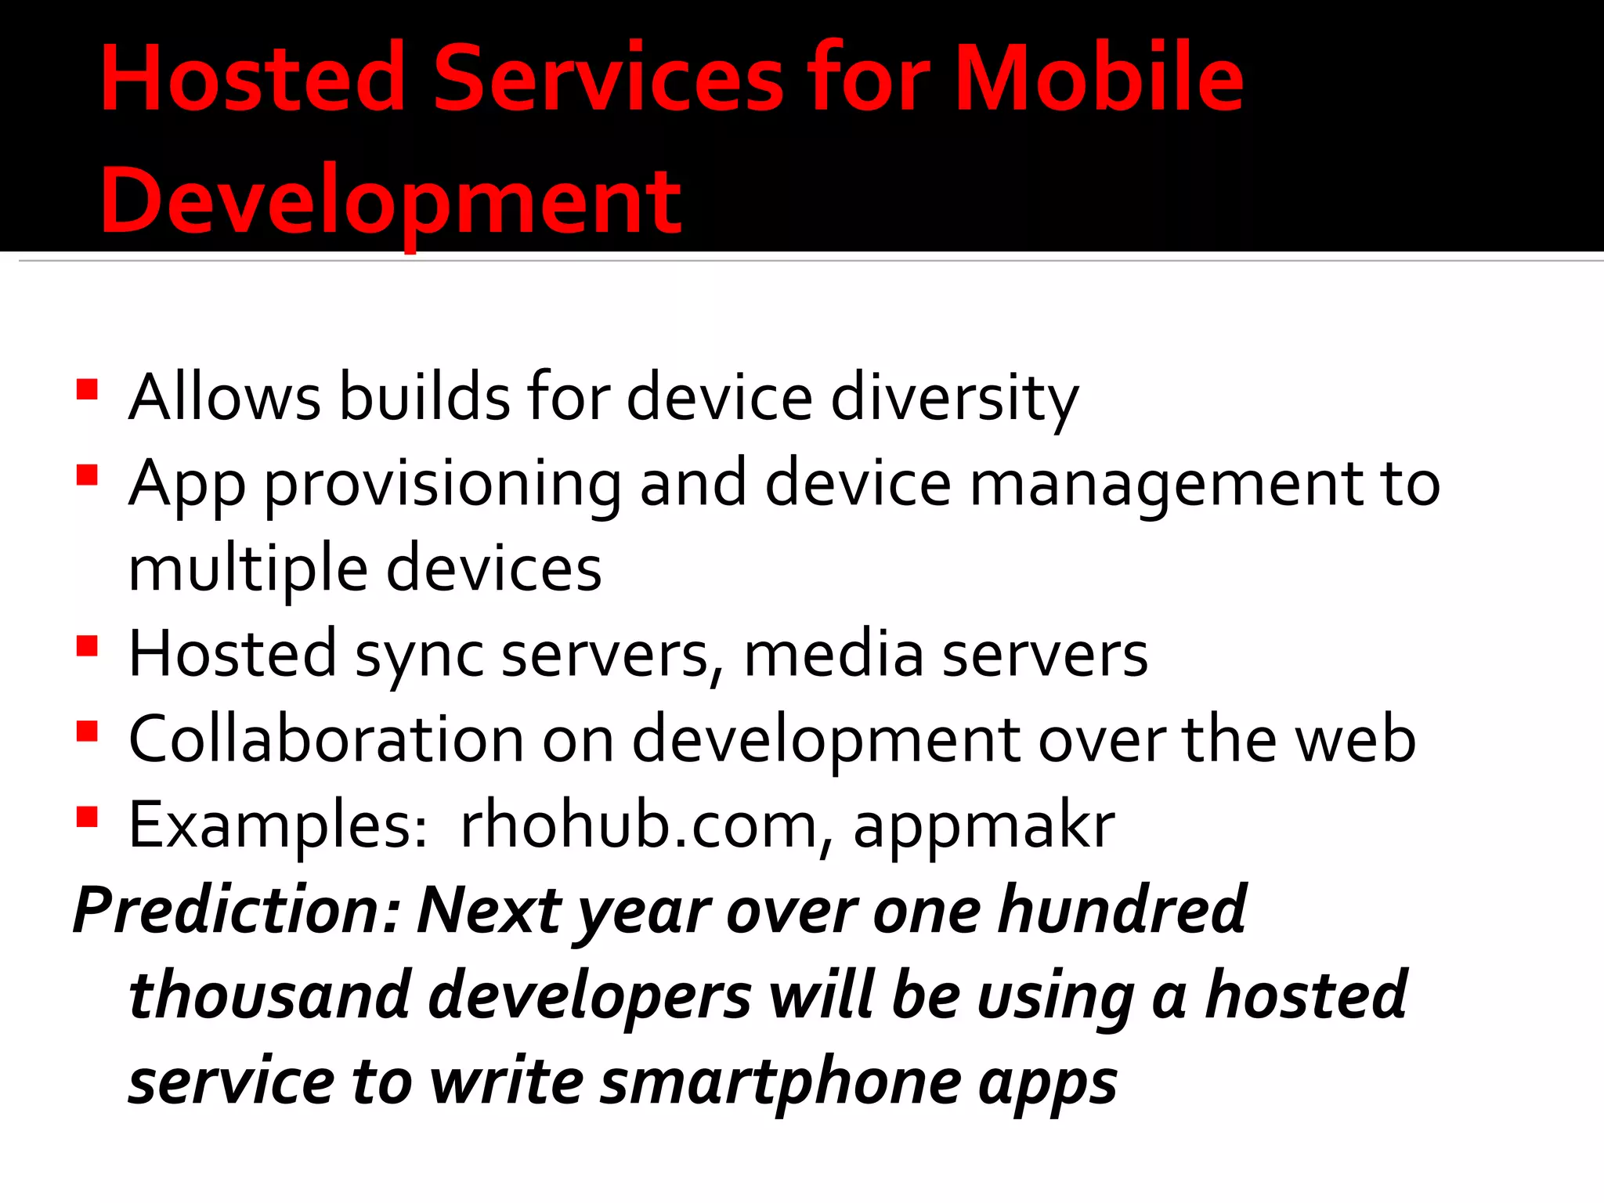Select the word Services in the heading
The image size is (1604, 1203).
[x=608, y=78]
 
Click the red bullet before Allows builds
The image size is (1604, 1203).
[x=87, y=389]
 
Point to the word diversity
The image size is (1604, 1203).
[x=954, y=398]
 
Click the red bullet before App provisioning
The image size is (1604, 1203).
[x=87, y=475]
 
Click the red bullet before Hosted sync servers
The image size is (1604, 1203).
[x=87, y=646]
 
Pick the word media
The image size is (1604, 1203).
[x=833, y=655]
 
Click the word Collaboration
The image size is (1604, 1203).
[x=326, y=740]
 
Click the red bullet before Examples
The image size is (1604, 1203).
[x=87, y=817]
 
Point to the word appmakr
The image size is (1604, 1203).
[x=984, y=827]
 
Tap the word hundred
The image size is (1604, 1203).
[x=1122, y=911]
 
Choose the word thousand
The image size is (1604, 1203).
[x=270, y=996]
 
